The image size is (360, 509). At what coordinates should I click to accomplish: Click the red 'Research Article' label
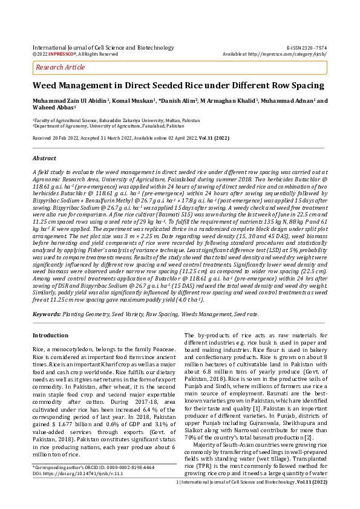tap(61, 67)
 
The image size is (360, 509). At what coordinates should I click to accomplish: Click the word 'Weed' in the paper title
tap(45, 86)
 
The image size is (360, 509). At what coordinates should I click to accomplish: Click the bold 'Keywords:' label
tap(46, 314)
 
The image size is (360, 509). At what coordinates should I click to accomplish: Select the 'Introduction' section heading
tap(50, 335)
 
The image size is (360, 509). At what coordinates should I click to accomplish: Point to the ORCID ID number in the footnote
tap(118, 467)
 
